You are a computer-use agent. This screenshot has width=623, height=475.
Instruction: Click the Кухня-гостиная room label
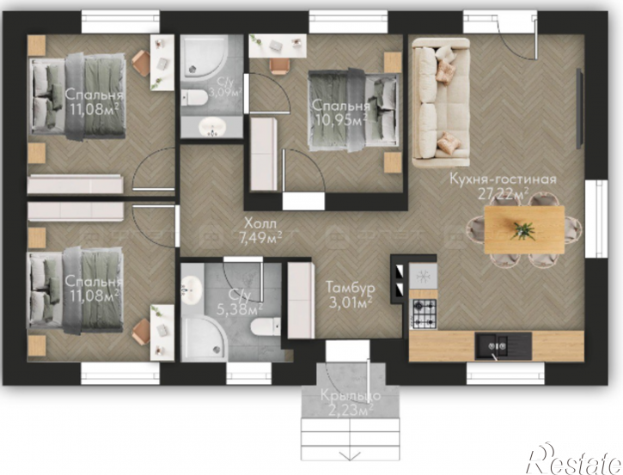click(503, 180)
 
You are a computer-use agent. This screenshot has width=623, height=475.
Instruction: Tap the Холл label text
click(260, 222)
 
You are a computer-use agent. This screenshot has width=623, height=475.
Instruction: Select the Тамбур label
click(350, 287)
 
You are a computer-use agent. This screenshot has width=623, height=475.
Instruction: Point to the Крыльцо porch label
click(351, 396)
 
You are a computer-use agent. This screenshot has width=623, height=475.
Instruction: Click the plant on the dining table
click(523, 230)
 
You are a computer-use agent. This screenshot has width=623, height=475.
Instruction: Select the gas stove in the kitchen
click(424, 314)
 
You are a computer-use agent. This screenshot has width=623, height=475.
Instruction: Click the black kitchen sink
click(503, 346)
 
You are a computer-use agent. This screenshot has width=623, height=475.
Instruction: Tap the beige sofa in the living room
click(441, 103)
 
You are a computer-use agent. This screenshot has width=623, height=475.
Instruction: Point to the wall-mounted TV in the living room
click(580, 109)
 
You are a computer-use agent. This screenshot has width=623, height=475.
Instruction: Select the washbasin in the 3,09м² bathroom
click(212, 127)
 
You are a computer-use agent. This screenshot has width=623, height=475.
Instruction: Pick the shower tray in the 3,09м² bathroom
click(205, 58)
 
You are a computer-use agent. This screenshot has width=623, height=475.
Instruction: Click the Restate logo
click(574, 460)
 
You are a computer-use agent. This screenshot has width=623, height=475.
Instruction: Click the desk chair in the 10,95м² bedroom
click(278, 66)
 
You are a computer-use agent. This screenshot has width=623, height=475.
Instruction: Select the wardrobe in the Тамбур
click(301, 301)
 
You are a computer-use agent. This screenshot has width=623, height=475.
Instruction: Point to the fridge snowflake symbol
click(423, 275)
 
